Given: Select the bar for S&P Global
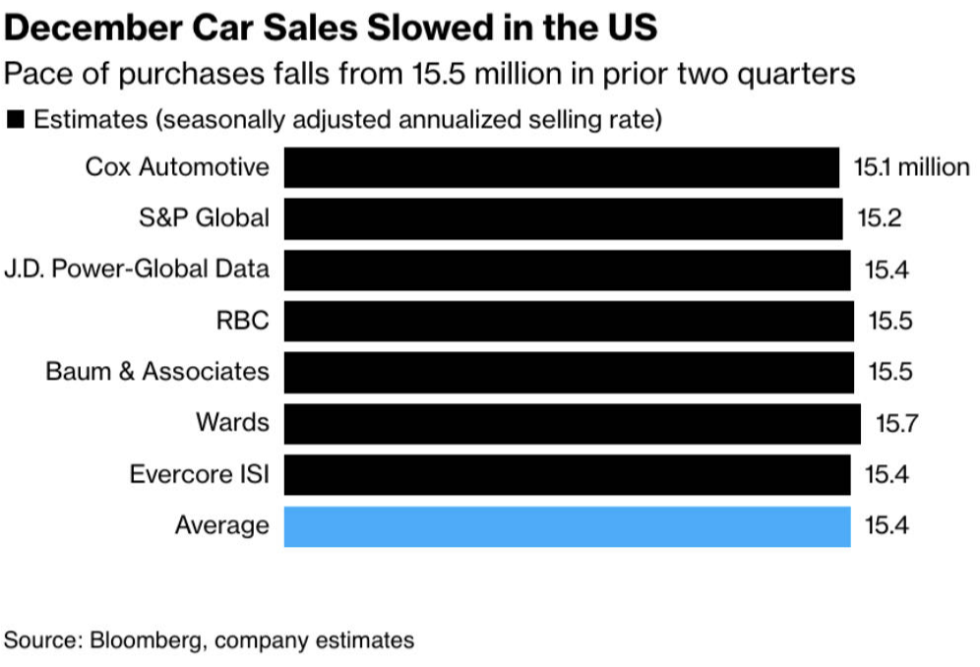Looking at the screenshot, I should coord(563,218).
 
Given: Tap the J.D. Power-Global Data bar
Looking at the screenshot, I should coord(567,270).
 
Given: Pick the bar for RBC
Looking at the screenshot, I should coord(569,321).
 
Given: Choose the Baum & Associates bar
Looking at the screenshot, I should coord(569,372).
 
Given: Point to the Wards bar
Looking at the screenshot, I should coord(573,423).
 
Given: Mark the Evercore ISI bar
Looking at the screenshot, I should coord(567,474).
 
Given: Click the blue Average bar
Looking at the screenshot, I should coord(567,525).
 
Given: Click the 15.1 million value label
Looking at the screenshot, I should coord(911,167).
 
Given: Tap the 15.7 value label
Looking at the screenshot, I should coord(895,424).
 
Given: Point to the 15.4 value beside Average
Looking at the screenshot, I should coord(887,526).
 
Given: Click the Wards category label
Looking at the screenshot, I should coord(232,423).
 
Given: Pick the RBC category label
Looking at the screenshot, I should coord(245,321).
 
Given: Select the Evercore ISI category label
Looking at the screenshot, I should coord(200,475).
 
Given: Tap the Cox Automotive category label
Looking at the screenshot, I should coord(177,167).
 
